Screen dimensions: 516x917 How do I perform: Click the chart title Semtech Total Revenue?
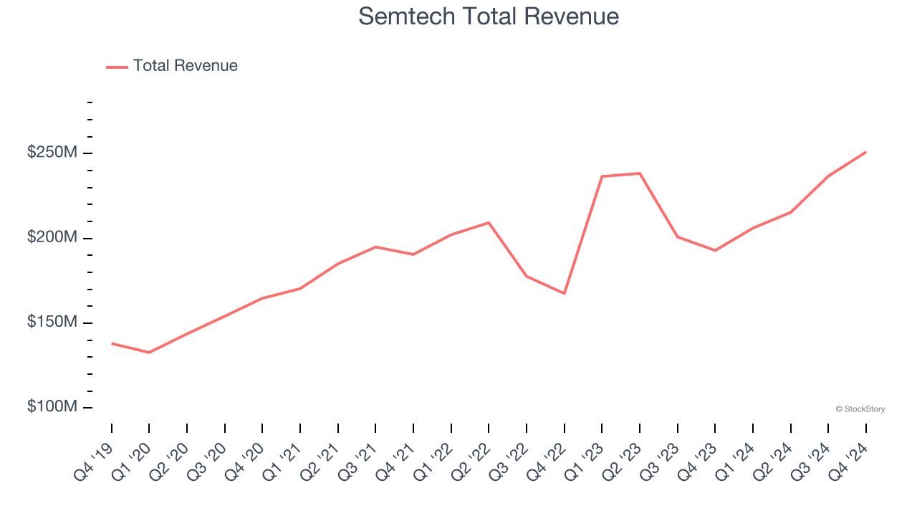pos(489,16)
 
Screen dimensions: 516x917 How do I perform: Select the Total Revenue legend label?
pos(185,66)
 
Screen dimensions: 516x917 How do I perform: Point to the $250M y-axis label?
pos(52,153)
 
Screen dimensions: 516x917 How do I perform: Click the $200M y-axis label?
pos(52,237)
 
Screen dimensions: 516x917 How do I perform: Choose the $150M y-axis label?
pos(52,322)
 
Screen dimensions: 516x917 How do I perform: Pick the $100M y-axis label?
pos(52,407)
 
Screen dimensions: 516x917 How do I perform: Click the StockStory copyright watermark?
pos(860,409)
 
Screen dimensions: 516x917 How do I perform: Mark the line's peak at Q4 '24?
pos(865,152)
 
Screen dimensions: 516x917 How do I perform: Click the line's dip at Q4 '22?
pos(565,293)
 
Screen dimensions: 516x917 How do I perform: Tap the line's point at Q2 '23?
pos(640,173)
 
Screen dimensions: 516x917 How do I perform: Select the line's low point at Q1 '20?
pos(149,353)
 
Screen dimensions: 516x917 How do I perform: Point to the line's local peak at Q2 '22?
pos(489,222)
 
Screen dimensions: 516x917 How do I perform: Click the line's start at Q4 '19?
pos(112,343)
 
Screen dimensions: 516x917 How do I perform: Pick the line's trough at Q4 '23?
pos(715,250)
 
